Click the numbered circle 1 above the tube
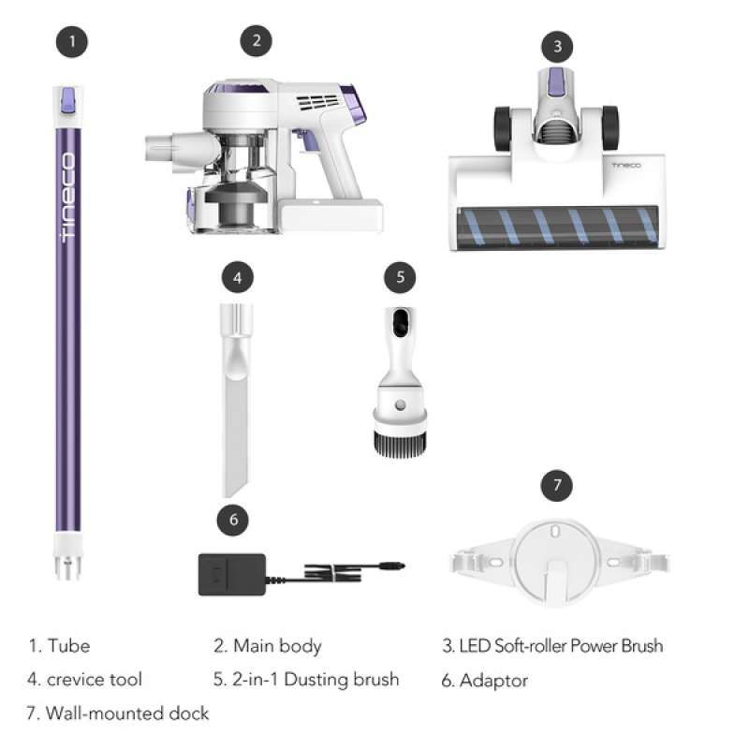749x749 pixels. (71, 42)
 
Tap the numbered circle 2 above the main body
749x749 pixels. (256, 42)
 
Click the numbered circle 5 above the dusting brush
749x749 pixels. (400, 277)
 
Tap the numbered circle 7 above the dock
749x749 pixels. (557, 486)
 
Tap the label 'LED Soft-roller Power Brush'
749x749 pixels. (552, 646)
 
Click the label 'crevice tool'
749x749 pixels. (84, 680)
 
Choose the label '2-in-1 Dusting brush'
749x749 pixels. (306, 680)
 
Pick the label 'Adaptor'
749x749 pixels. (485, 681)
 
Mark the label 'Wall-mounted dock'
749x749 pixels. (118, 713)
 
